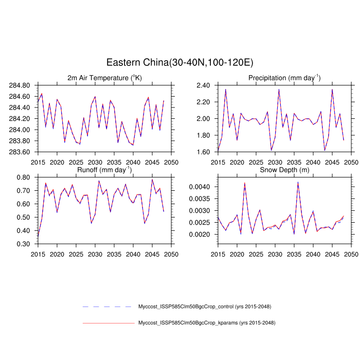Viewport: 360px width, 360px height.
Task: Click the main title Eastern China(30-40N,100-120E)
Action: (x=179, y=62)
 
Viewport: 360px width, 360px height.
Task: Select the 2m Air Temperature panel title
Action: (x=104, y=78)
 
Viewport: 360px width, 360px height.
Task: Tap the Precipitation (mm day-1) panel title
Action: (x=284, y=78)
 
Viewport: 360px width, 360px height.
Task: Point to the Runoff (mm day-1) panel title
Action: (x=104, y=170)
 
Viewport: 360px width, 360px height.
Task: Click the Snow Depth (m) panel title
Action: (x=284, y=170)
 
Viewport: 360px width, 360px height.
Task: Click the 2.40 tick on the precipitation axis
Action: (x=206, y=85)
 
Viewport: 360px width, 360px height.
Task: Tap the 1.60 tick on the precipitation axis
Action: (x=206, y=152)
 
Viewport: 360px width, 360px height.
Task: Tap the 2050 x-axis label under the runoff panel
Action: (x=171, y=254)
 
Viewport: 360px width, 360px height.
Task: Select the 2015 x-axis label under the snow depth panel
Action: (x=218, y=254)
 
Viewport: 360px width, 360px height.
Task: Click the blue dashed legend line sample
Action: (x=108, y=307)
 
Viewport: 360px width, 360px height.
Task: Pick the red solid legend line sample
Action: (x=108, y=323)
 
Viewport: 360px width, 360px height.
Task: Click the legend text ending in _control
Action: (x=205, y=307)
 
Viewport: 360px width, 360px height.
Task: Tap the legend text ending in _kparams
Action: (x=206, y=323)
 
